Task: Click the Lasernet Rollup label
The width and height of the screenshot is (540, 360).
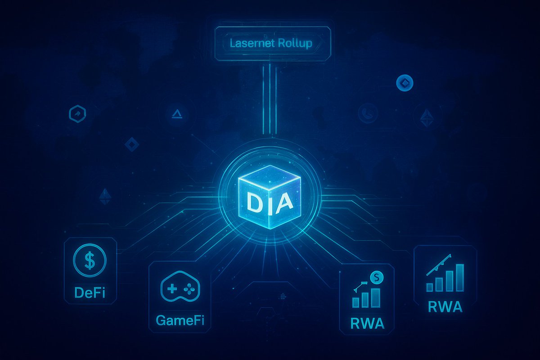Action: point(272,44)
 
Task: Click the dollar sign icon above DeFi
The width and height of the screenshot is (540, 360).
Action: point(90,261)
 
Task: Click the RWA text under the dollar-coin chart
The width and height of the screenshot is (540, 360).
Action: point(367,324)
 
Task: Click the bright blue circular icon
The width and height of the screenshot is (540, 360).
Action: point(405,82)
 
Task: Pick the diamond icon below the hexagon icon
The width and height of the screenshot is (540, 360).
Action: point(131,144)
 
